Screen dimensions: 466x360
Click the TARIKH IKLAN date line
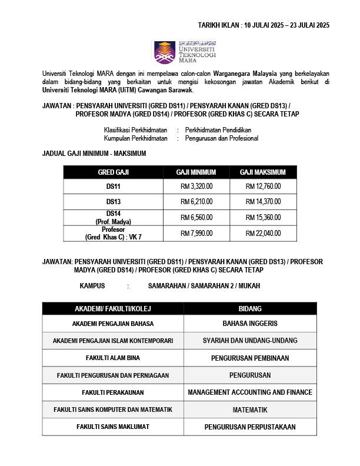(264, 25)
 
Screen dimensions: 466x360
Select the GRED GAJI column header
(113, 172)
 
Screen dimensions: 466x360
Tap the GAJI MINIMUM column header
(196, 172)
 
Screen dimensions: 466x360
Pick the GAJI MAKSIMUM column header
(262, 172)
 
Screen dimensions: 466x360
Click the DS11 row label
(113, 187)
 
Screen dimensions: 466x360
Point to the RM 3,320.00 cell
(196, 187)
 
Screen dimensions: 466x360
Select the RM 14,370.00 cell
(263, 202)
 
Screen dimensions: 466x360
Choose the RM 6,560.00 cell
(196, 217)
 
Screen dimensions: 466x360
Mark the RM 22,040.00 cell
(263, 233)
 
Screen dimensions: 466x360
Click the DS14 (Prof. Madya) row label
(113, 217)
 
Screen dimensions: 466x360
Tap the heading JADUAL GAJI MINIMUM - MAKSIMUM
(95, 154)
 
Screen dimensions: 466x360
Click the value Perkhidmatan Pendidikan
(218, 129)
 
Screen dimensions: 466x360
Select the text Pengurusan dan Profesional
(221, 138)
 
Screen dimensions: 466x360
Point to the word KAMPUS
(92, 285)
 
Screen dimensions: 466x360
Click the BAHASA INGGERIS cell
(250, 324)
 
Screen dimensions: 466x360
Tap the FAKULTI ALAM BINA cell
(113, 358)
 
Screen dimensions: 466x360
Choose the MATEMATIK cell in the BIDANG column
(250, 410)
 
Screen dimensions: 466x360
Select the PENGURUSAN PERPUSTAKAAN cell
(250, 427)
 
